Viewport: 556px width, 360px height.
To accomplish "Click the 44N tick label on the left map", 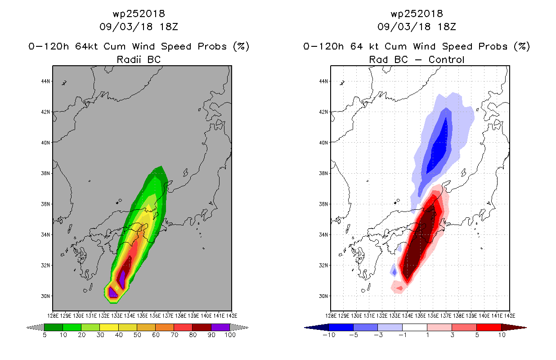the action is tap(45, 81).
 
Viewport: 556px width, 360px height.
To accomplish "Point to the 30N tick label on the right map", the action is tap(323, 296).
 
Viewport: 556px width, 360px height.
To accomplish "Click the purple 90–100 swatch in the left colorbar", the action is tap(220, 327).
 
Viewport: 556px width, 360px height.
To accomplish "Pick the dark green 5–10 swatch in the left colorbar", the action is tap(54, 327).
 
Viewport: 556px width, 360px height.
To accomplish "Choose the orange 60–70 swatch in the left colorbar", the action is tap(165, 327).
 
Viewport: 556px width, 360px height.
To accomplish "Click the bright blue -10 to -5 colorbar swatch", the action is tap(341, 327).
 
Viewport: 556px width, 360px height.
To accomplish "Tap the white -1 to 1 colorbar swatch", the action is tap(415, 327).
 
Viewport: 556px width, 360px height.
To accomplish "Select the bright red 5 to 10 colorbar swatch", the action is tap(489, 327).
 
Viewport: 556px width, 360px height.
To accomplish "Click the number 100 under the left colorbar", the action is tap(230, 335).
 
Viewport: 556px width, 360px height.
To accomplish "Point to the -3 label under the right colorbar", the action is tap(378, 335).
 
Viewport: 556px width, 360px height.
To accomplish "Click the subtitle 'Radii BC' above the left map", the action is tap(139, 59).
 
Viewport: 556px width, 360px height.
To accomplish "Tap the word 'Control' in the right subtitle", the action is tap(446, 59).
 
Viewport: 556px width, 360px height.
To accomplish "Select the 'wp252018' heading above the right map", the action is tap(417, 13).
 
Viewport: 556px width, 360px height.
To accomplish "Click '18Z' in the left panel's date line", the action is tap(169, 27).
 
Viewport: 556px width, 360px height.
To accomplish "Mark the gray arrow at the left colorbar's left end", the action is tap(35, 328).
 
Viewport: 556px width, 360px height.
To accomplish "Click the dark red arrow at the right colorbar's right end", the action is tap(514, 328).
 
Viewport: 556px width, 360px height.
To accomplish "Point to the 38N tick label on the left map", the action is tap(45, 173).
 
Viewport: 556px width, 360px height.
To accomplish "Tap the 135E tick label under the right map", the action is tap(420, 316).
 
